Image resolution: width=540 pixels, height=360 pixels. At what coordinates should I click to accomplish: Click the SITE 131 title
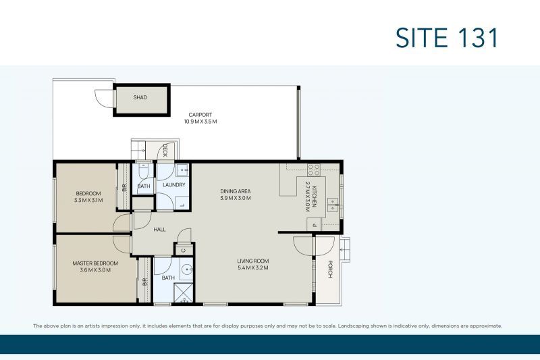pyautogui.click(x=447, y=38)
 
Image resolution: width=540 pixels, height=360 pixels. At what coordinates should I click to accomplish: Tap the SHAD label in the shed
pyautogui.click(x=140, y=97)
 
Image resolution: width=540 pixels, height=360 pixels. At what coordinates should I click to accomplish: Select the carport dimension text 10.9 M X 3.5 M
pyautogui.click(x=200, y=122)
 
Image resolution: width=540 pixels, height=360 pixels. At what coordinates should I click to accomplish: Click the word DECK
pyautogui.click(x=165, y=151)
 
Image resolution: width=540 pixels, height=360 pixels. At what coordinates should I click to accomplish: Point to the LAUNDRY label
pyautogui.click(x=174, y=185)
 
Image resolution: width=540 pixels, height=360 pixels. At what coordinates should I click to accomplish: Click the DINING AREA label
pyautogui.click(x=236, y=191)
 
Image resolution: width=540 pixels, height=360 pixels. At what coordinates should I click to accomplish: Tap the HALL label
pyautogui.click(x=159, y=230)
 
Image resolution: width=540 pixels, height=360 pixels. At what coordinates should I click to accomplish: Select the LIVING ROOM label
pyautogui.click(x=252, y=261)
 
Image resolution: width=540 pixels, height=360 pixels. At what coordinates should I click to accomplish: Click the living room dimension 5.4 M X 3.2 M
pyautogui.click(x=252, y=268)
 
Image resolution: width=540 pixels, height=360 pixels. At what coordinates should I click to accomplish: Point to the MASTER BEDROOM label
pyautogui.click(x=95, y=263)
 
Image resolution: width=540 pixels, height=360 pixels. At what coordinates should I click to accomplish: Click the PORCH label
pyautogui.click(x=330, y=269)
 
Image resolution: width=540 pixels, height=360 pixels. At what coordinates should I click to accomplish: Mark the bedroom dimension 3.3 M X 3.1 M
pyautogui.click(x=88, y=200)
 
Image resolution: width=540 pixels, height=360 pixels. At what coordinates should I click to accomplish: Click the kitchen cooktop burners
pyautogui.click(x=314, y=170)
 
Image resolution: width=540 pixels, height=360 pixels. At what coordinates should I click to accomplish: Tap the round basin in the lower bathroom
pyautogui.click(x=187, y=269)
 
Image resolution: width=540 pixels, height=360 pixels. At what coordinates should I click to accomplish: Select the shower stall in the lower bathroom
pyautogui.click(x=183, y=293)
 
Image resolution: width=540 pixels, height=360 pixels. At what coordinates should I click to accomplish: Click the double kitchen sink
pyautogui.click(x=333, y=205)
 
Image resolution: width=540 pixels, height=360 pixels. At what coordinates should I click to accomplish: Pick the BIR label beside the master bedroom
pyautogui.click(x=144, y=282)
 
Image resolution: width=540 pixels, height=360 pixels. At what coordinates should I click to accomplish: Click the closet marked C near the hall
pyautogui.click(x=184, y=250)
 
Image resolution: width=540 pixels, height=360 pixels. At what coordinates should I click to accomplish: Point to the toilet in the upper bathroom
pyautogui.click(x=143, y=170)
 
